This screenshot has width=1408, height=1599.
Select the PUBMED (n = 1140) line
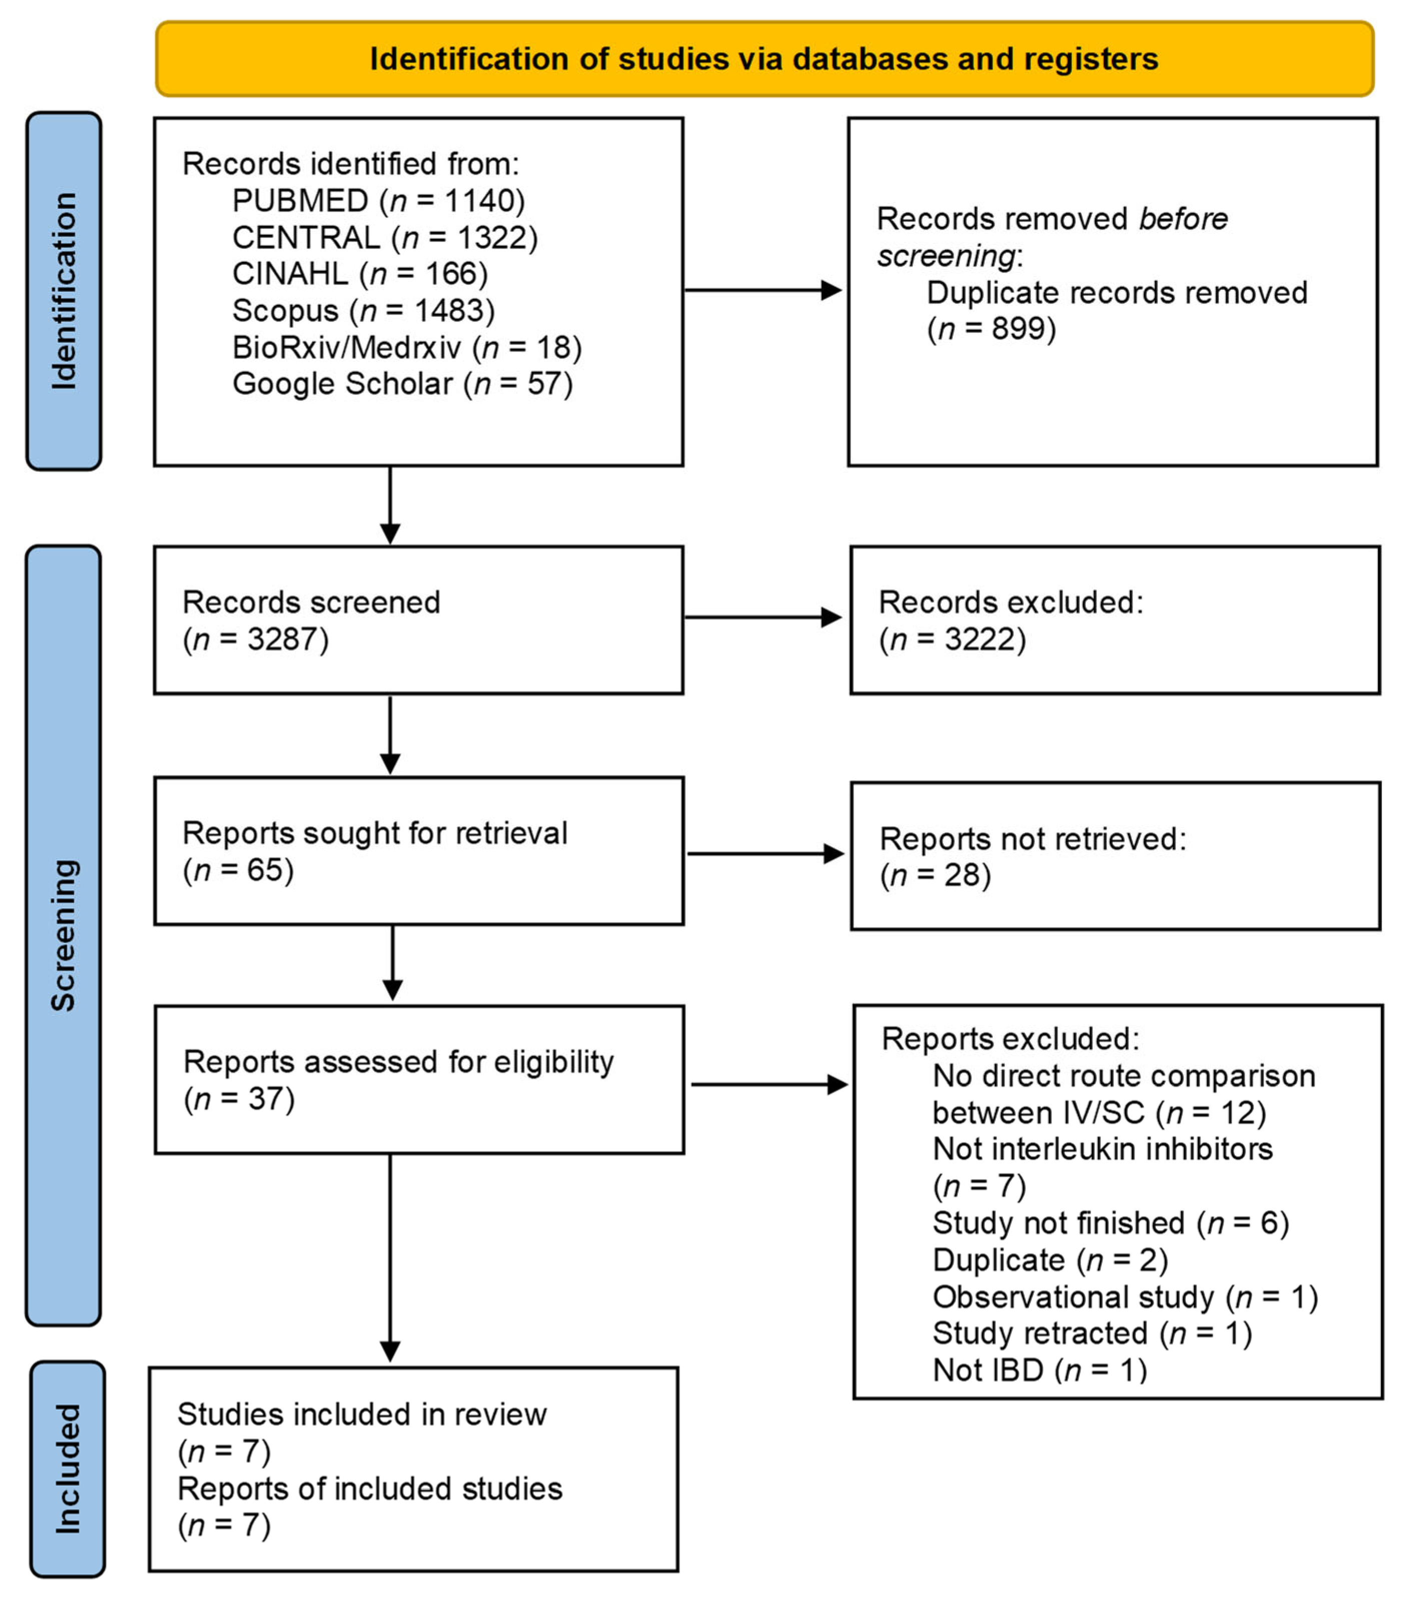(x=378, y=201)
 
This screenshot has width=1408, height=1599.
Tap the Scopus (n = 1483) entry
(x=363, y=310)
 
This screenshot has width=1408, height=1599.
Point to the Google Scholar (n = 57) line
(x=402, y=384)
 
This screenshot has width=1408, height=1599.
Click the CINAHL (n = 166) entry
(x=359, y=274)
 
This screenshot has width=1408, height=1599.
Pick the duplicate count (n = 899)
(x=991, y=328)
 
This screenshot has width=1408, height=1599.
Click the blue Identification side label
(x=64, y=290)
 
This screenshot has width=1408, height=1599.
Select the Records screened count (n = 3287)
(x=255, y=639)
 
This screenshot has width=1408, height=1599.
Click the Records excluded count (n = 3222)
(x=952, y=639)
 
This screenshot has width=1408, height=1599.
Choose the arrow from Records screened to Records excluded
(x=763, y=617)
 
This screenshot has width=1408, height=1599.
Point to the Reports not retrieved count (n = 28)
(x=935, y=875)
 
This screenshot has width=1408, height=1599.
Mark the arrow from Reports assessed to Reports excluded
(x=769, y=1084)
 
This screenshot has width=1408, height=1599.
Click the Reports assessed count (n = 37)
(x=239, y=1099)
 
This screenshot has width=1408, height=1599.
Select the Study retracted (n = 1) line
(x=1092, y=1333)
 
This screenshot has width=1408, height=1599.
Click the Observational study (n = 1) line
(x=1125, y=1297)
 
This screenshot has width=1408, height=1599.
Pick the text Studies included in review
(x=362, y=1415)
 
